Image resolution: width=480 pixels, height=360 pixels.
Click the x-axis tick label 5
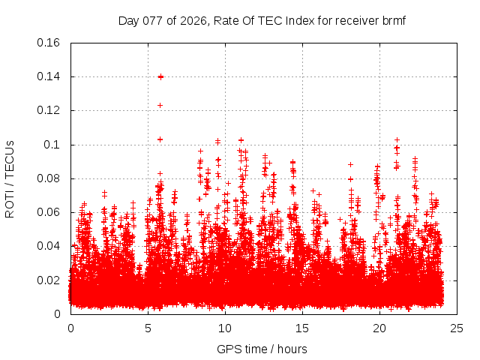148,328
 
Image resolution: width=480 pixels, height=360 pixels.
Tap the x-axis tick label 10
225,328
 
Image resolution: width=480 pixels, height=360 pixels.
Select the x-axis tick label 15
302,328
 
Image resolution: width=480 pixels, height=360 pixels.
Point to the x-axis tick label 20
379,328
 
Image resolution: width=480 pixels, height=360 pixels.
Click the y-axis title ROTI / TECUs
10,178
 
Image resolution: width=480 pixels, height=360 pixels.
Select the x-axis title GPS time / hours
262,349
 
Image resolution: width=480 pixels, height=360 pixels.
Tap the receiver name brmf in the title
393,20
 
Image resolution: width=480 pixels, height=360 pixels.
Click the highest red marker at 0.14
160,76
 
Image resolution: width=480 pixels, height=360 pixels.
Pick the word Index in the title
302,20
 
